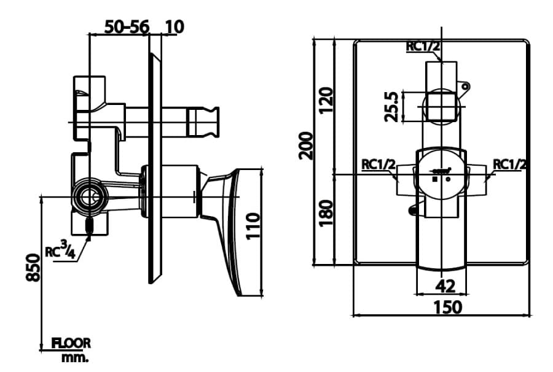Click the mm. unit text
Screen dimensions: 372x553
click(x=75, y=357)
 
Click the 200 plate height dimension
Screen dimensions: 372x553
click(x=307, y=145)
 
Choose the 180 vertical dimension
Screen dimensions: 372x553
click(x=326, y=212)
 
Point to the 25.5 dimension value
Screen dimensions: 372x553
click(x=391, y=106)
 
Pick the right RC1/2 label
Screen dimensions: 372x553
click(x=509, y=165)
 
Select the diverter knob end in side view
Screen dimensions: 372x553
click(x=206, y=120)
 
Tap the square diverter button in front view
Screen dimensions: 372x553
click(x=441, y=104)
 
